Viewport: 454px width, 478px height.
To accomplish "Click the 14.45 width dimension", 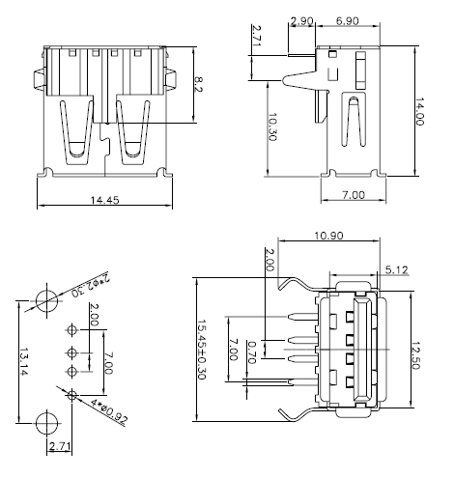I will (x=103, y=200).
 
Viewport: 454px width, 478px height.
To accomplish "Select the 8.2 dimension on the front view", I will (x=198, y=85).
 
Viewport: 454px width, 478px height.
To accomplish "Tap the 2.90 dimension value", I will (x=301, y=20).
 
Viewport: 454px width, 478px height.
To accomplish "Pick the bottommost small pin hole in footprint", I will (x=72, y=392).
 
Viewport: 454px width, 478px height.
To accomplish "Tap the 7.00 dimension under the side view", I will (x=354, y=194).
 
